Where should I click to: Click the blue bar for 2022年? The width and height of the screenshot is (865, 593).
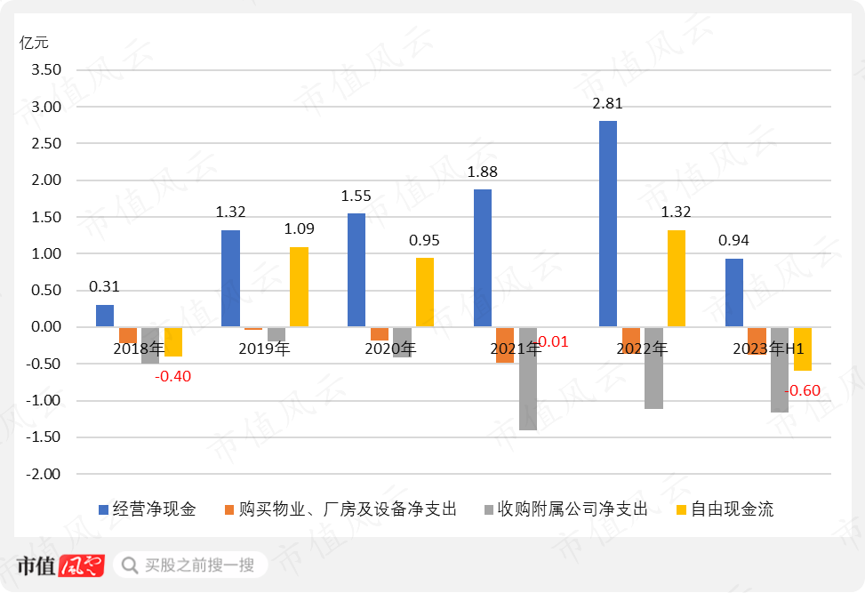(608, 224)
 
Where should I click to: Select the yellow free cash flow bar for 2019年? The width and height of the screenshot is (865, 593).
(299, 287)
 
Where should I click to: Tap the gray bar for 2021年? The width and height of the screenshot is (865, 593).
(528, 379)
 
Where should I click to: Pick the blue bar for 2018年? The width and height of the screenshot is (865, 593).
(105, 317)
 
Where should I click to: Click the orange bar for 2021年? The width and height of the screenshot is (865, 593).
(505, 345)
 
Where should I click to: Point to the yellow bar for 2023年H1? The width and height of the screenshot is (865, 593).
(803, 349)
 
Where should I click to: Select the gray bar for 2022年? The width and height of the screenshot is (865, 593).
(654, 368)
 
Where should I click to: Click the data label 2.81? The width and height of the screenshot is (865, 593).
(607, 103)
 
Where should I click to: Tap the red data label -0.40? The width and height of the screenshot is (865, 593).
(172, 376)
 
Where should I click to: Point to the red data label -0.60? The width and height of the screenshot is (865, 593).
(802, 391)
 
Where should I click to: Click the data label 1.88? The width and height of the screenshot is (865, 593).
(482, 172)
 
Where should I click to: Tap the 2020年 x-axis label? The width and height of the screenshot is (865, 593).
(390, 349)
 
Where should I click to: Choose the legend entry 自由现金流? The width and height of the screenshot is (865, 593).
(732, 509)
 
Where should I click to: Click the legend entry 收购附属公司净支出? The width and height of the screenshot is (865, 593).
(573, 509)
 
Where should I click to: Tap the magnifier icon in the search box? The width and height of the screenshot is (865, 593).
(130, 565)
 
